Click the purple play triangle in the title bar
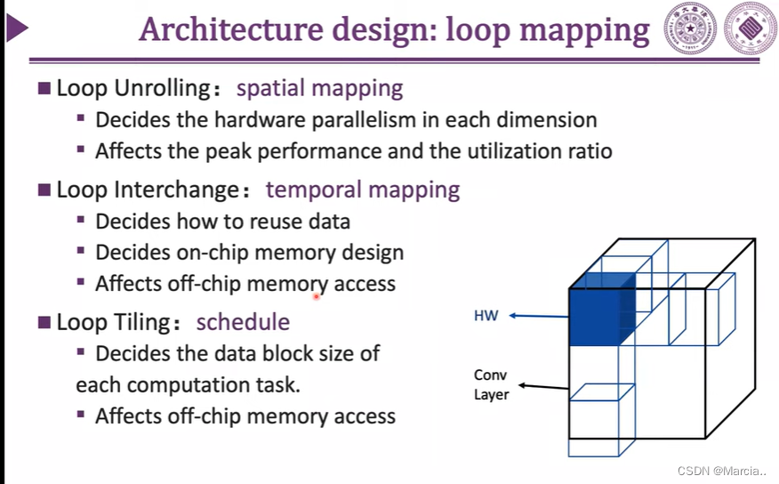coord(15,30)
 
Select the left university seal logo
coord(691,29)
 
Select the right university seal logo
coord(750,29)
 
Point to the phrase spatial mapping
coord(319,89)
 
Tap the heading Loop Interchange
coord(146,190)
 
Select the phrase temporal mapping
coord(363,190)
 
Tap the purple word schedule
coord(243,321)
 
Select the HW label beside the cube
coord(486,316)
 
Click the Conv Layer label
coord(491,384)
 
